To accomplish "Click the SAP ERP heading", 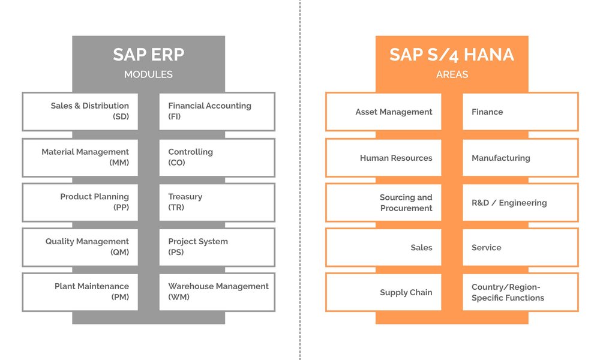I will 148,55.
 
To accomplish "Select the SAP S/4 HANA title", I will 452,55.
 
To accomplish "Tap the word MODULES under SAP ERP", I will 148,75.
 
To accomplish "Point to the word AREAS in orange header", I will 452,75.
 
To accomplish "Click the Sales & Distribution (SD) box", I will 80,112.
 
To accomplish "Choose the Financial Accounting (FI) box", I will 217,112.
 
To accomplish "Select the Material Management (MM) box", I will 80,158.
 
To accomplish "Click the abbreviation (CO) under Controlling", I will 176,163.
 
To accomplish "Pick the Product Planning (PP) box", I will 80,202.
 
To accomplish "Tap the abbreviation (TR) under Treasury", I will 176,208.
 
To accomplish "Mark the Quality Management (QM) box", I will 80,247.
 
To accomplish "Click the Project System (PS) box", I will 217,247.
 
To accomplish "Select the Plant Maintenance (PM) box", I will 80,292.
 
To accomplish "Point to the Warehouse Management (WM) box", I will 217,292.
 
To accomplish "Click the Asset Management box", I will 383,112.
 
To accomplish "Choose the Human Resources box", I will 383,158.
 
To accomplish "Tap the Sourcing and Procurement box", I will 383,203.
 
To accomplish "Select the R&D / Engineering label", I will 509,203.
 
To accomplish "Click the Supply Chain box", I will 383,292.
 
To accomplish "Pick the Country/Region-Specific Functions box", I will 520,292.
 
